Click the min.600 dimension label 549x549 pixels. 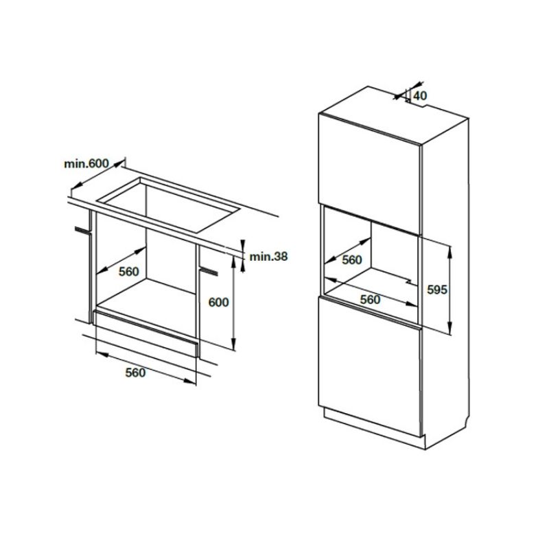(86, 163)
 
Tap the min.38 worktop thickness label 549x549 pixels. (268, 257)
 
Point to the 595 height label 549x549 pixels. (436, 289)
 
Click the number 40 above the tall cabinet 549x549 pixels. (420, 96)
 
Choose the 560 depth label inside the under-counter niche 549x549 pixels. (128, 271)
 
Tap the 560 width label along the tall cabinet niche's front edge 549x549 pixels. (370, 299)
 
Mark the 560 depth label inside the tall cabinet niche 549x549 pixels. (351, 259)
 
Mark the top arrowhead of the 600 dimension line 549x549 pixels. (235, 265)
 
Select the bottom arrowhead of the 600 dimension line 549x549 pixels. (235, 347)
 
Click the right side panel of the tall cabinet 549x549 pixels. (446, 274)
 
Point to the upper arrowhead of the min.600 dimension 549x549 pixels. (121, 164)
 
